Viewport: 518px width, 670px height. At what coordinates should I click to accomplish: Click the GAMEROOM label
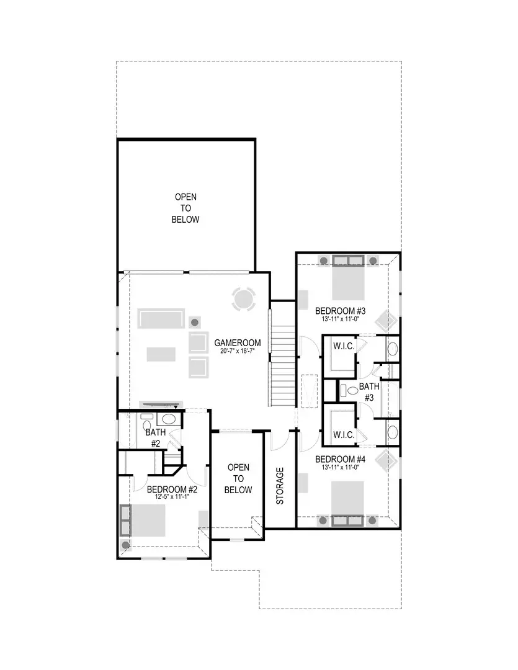point(238,342)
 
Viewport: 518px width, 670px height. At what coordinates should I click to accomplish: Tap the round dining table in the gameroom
point(243,300)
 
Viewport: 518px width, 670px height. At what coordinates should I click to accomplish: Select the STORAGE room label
point(280,485)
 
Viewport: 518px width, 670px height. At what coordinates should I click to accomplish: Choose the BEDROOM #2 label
point(172,489)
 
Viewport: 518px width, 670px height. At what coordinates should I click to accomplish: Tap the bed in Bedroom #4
point(347,499)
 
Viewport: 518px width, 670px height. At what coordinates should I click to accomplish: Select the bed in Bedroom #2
point(148,520)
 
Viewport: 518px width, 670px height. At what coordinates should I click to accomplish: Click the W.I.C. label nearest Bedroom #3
point(344,346)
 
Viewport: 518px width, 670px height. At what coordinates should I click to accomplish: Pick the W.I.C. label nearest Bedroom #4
point(344,435)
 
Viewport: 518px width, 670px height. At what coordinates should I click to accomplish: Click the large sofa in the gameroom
point(161,319)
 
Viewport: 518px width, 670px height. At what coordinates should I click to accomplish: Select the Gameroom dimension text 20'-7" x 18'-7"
point(238,351)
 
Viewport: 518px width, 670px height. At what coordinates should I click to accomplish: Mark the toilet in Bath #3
point(351,391)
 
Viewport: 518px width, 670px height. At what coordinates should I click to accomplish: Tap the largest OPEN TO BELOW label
point(185,208)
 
